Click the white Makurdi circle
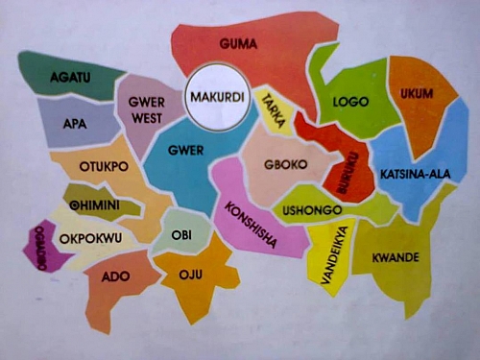point(216,98)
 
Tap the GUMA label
point(236,44)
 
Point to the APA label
point(74,124)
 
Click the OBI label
point(180,234)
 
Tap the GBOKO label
point(285,165)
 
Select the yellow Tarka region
point(273,113)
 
